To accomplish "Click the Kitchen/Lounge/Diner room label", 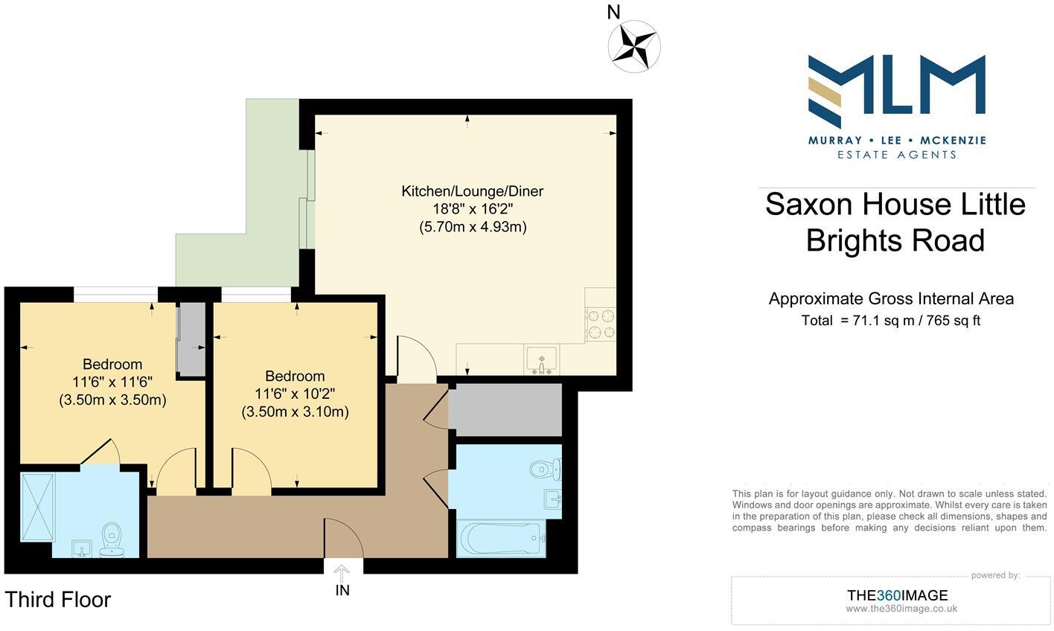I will click(473, 191).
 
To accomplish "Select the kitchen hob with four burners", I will click(601, 324).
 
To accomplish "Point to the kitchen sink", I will click(541, 360).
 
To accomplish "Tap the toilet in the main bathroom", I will click(546, 470).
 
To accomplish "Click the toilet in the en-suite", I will click(112, 538).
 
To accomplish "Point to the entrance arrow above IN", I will click(342, 572).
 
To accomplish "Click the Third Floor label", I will click(58, 600).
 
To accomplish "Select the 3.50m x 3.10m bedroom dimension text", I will click(295, 411).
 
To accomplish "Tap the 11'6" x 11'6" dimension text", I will click(112, 382).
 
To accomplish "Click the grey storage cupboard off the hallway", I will click(505, 410).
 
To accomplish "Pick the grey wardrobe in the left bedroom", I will click(191, 339).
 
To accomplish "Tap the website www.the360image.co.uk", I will click(901, 609).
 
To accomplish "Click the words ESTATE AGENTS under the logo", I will click(896, 155).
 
